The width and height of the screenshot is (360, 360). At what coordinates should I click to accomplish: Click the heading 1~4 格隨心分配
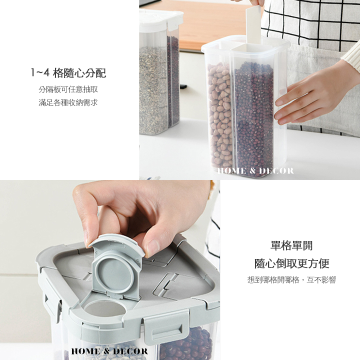point(68,73)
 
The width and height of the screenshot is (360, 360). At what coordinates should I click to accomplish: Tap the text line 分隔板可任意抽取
point(68,89)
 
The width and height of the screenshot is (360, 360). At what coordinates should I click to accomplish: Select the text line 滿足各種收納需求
point(68,102)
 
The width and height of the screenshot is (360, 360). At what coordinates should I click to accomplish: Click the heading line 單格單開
point(291,245)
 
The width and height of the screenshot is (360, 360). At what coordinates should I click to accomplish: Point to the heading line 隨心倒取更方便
point(292,263)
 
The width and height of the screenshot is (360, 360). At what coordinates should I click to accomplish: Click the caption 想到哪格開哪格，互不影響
point(291,280)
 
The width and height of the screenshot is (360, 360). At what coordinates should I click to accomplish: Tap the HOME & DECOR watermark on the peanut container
point(255,171)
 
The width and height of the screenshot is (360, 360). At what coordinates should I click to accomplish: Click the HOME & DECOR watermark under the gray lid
point(109,351)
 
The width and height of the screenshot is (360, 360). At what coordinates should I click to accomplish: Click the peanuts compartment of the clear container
point(220,115)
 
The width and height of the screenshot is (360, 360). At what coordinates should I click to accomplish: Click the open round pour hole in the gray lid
point(105,308)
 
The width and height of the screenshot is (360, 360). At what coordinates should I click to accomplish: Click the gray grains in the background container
point(153,89)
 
